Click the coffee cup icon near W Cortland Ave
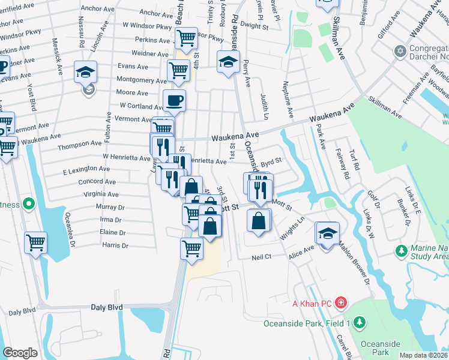point(174,101)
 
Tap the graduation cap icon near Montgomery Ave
point(86,73)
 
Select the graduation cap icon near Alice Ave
point(328,233)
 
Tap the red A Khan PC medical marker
point(341,301)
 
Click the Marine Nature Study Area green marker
point(400,249)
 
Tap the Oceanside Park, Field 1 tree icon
point(360,323)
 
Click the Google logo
point(20,353)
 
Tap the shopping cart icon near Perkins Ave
point(187,38)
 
